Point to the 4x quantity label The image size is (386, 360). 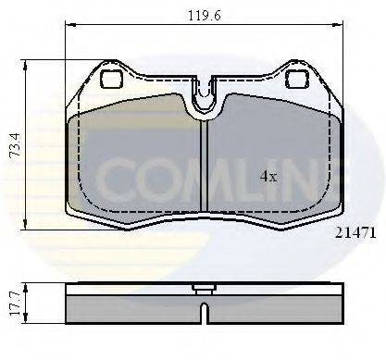(x=268, y=176)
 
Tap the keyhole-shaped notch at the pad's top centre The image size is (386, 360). (x=204, y=96)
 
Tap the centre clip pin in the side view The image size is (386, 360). (x=204, y=288)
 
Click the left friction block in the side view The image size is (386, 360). (x=130, y=304)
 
